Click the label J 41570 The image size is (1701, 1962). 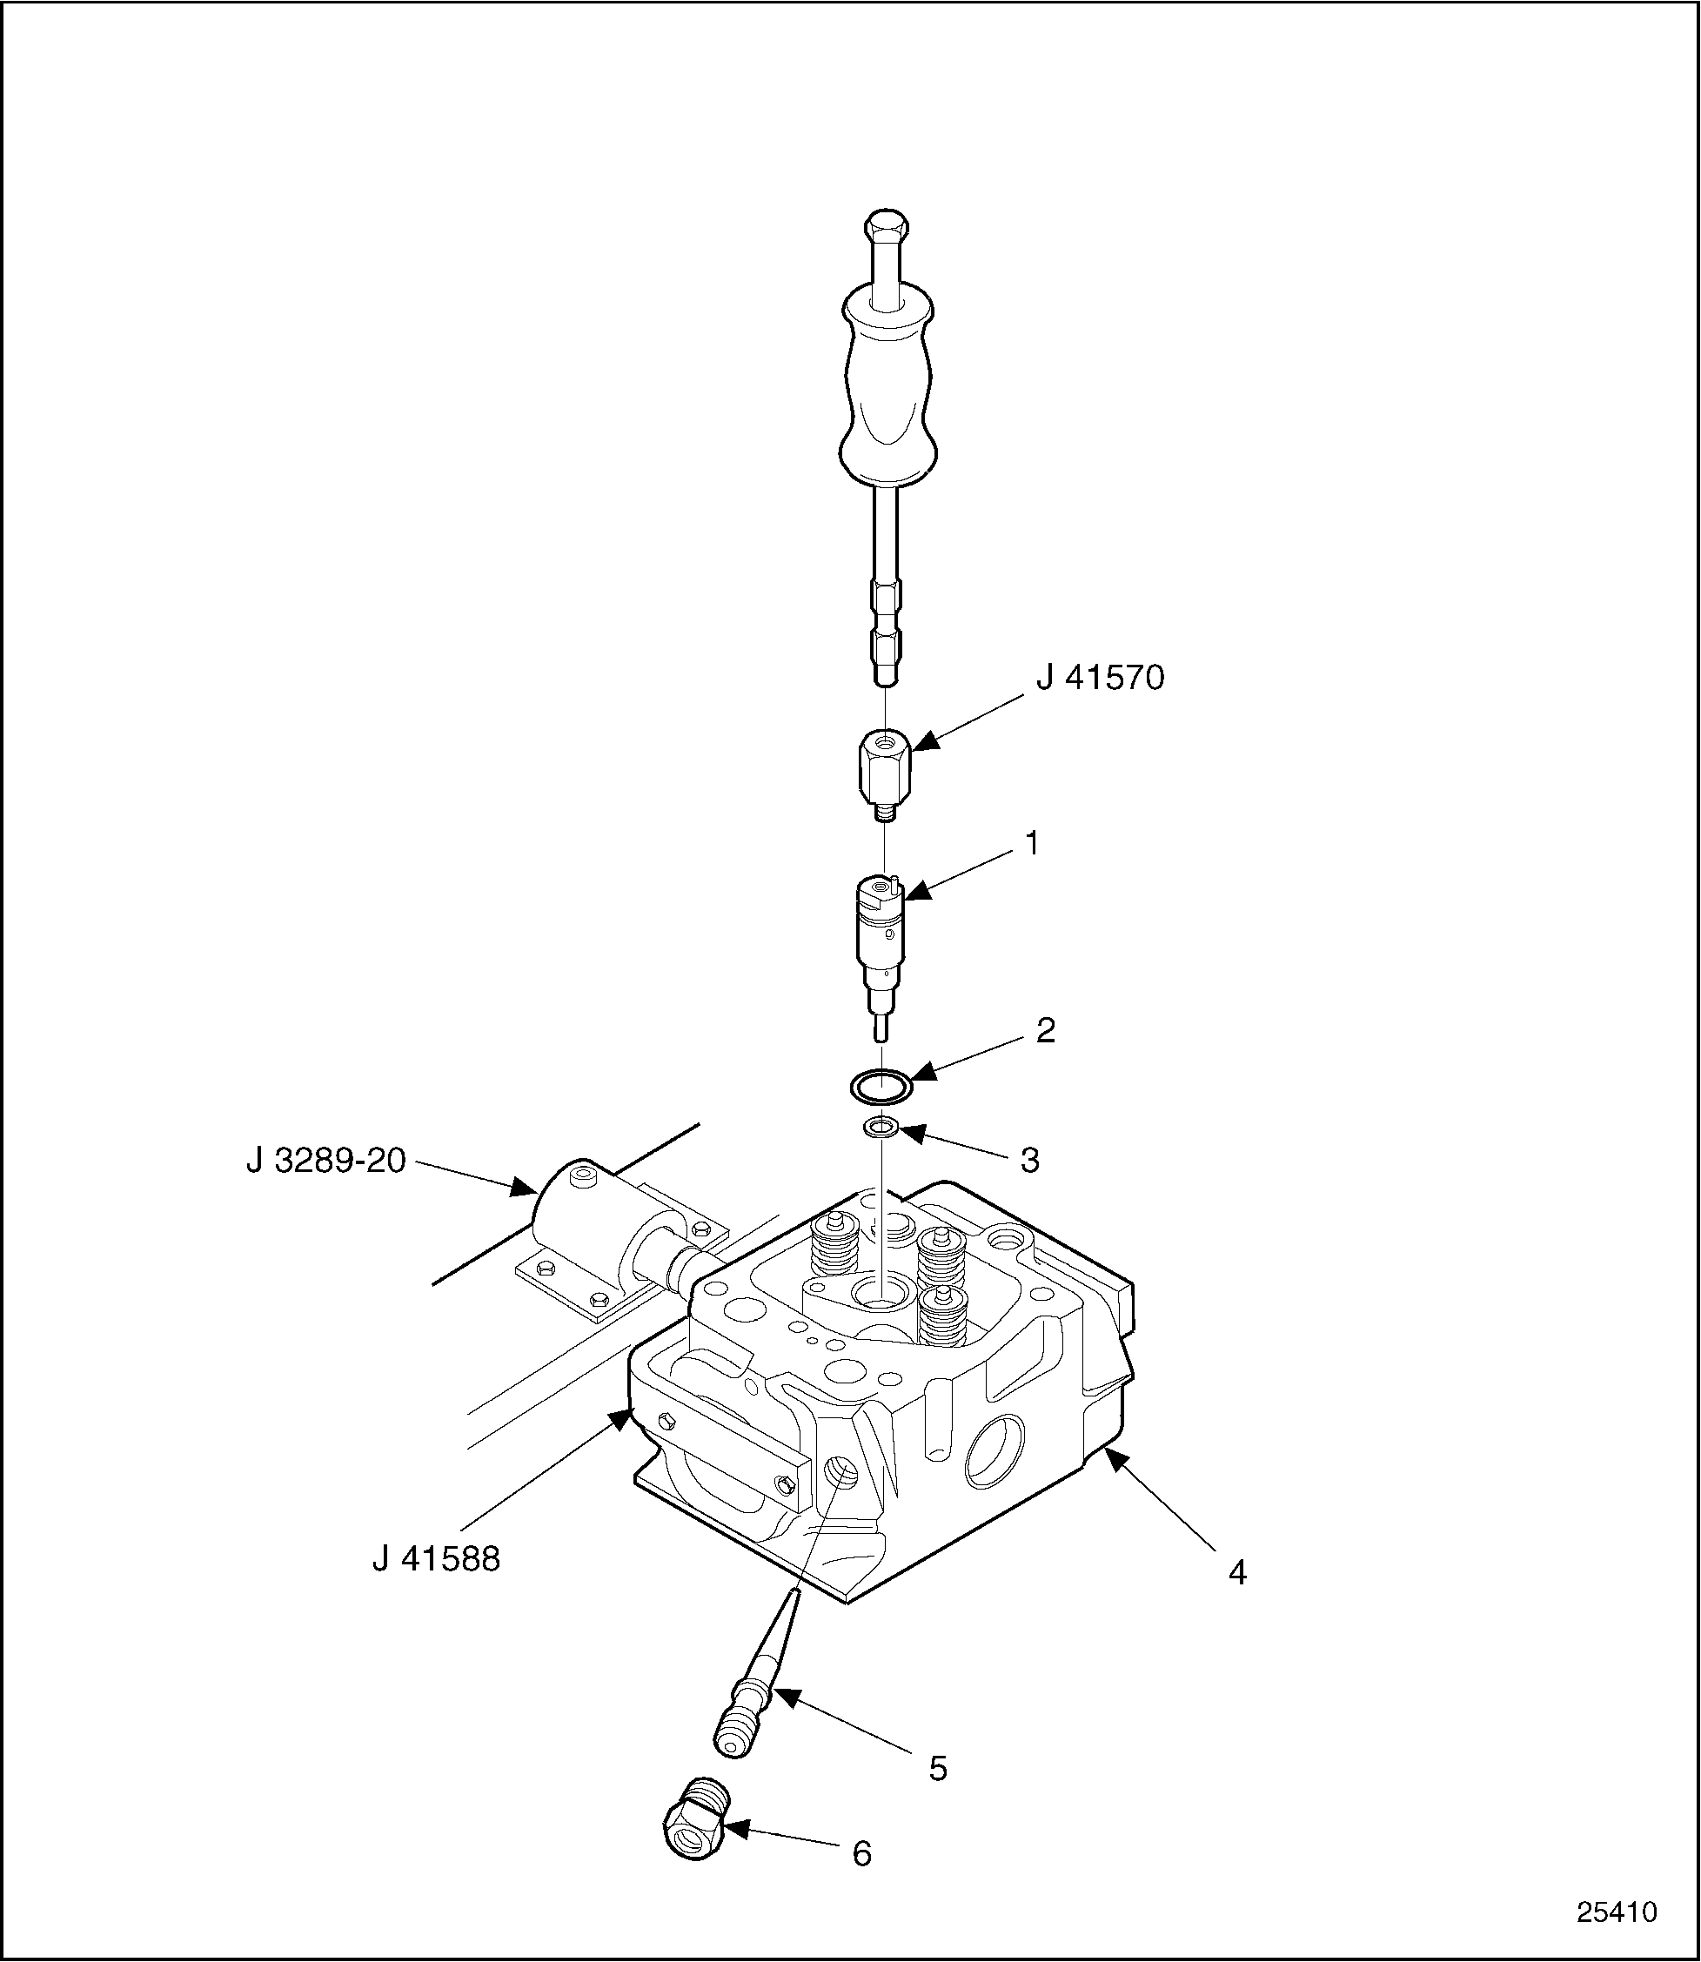tap(1099, 679)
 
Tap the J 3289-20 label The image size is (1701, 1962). tap(326, 1160)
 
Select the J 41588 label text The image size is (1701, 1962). tap(437, 1559)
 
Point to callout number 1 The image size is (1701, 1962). tap(1032, 843)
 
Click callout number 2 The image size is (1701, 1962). tap(1045, 1031)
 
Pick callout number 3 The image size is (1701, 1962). tap(1030, 1160)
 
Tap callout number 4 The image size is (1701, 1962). tap(1237, 1573)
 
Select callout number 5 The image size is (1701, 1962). tap(938, 1768)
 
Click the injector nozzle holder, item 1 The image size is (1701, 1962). tap(881, 935)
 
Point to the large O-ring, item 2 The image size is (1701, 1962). tap(881, 1086)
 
